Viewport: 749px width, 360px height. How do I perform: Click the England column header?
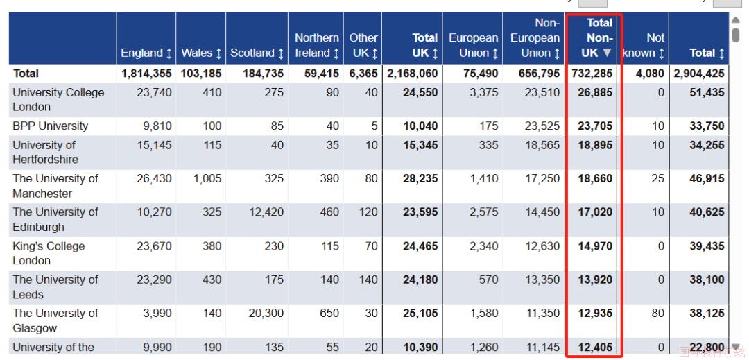(146, 53)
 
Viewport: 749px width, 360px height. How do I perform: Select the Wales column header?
(200, 53)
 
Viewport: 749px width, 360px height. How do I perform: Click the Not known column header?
(644, 45)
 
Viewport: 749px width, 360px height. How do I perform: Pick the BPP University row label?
(50, 126)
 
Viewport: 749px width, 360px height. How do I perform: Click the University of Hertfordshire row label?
(45, 153)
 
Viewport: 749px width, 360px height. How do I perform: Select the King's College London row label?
(49, 254)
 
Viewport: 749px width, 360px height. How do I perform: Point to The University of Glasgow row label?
(55, 320)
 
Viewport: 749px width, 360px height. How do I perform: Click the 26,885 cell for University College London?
(595, 92)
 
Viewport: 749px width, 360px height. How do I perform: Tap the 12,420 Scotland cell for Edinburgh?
(266, 212)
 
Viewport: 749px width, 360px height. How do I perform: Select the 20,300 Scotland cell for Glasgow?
(266, 314)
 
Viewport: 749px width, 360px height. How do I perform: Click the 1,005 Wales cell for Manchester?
(207, 178)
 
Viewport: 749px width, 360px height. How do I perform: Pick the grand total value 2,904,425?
(699, 74)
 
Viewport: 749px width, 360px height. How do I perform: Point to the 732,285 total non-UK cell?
(592, 74)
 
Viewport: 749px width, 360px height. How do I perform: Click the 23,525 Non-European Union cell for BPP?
(542, 126)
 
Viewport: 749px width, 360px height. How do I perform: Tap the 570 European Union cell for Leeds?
(488, 280)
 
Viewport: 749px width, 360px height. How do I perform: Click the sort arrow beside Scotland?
(280, 53)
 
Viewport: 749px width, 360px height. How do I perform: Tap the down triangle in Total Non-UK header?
(606, 53)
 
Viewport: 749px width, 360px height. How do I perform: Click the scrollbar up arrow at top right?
(736, 19)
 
